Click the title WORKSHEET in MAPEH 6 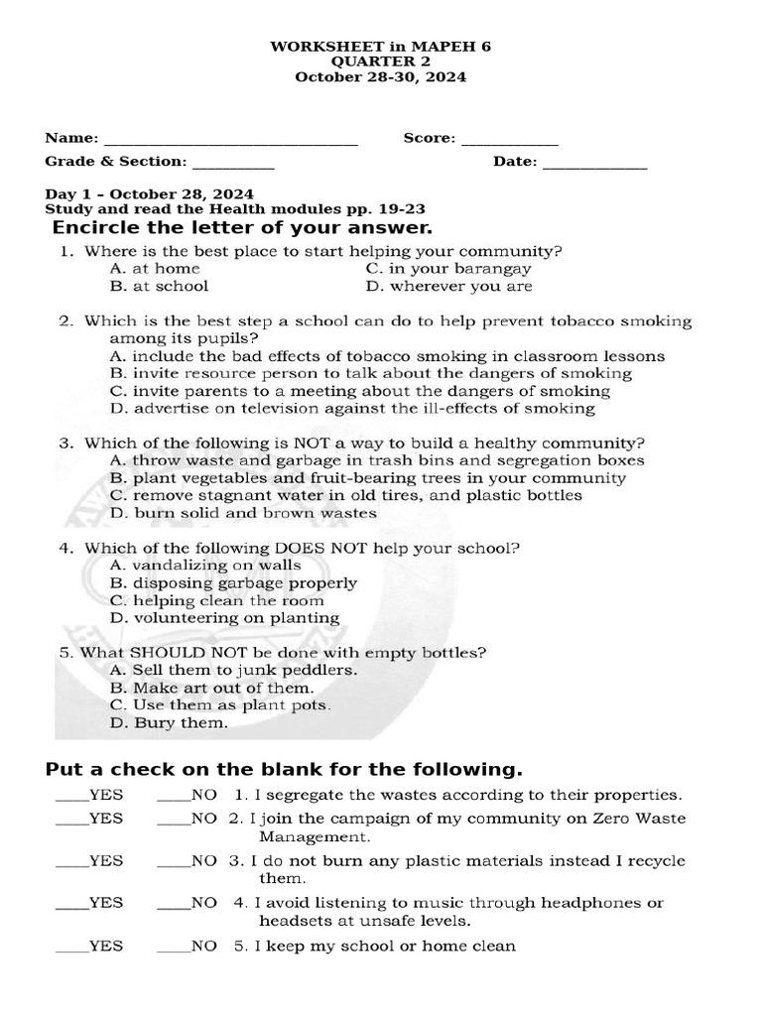coord(380,46)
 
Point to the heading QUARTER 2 coord(380,61)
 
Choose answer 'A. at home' coord(155,268)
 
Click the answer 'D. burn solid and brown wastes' coord(243,513)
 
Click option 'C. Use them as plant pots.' coord(220,704)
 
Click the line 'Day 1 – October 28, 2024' coord(149,193)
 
